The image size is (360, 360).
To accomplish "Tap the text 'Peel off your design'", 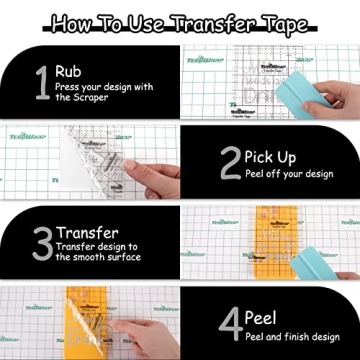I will pos(290,174).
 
